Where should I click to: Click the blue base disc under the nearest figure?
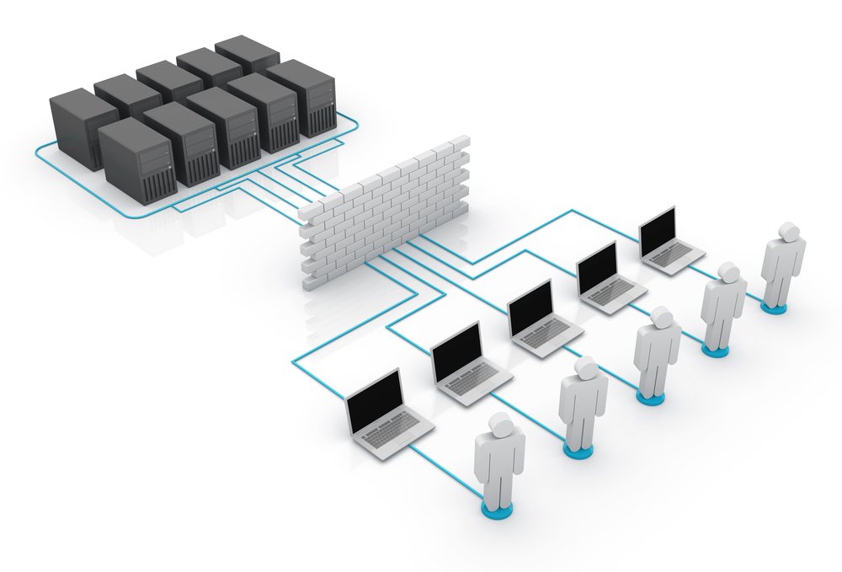(499, 509)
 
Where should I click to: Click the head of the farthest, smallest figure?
(788, 232)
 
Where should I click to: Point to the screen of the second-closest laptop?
(456, 350)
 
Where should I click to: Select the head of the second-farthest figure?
(728, 273)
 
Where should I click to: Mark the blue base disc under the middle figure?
(649, 397)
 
